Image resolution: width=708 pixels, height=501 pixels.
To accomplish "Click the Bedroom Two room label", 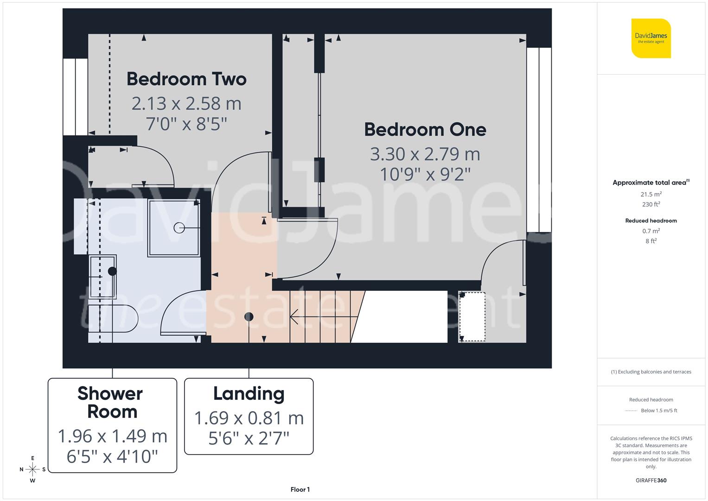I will click(x=186, y=79).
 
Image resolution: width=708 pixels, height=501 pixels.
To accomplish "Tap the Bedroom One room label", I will click(x=425, y=129).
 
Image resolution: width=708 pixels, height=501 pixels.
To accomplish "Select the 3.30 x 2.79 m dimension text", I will click(x=425, y=154).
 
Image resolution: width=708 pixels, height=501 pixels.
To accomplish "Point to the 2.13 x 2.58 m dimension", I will click(x=186, y=103).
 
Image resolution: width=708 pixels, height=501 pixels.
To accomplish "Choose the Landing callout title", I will click(x=249, y=394).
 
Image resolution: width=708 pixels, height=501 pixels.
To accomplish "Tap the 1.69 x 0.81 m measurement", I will click(x=249, y=418).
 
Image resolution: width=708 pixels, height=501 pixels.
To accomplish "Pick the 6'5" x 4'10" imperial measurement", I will click(x=112, y=456).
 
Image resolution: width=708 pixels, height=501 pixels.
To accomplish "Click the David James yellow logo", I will click(x=651, y=38).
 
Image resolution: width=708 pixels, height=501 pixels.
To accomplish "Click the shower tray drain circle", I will click(x=179, y=228).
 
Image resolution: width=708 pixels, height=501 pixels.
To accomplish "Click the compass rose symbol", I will click(x=32, y=469).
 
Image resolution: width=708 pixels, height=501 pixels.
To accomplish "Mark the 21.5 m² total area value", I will click(x=651, y=194).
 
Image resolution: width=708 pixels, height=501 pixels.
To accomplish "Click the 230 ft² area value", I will click(x=651, y=204).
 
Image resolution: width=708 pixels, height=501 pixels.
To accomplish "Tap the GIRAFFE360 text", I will click(x=651, y=481).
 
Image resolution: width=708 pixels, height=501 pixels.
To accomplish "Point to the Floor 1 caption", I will click(x=300, y=489).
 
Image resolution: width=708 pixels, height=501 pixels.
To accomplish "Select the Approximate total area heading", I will click(x=650, y=183).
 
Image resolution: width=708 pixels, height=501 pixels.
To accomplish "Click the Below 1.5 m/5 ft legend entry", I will click(x=658, y=411).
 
